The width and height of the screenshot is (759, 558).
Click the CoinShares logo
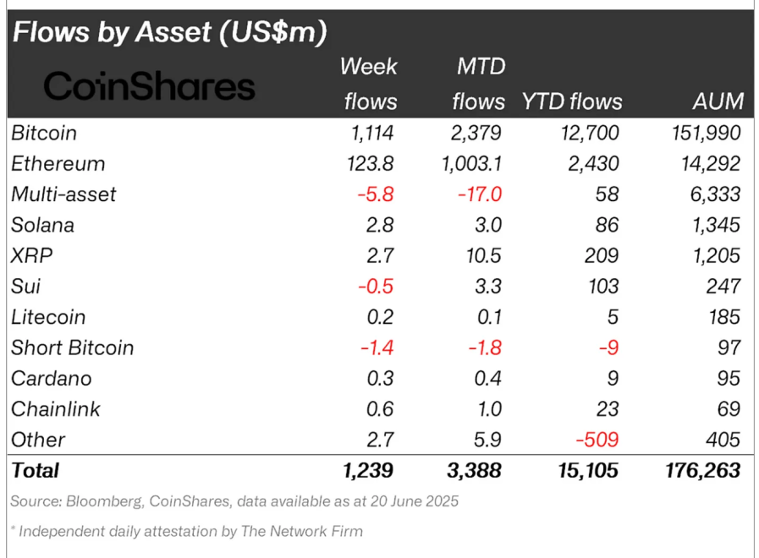coord(149,86)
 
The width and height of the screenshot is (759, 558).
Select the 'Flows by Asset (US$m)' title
coord(169,32)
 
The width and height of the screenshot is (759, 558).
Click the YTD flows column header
coord(571,101)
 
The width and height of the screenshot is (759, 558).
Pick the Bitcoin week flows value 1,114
coord(369,133)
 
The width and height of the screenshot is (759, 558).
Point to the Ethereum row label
coord(58,163)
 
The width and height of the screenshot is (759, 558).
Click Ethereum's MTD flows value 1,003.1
coord(470,163)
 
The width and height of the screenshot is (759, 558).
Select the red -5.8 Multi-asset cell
coord(375,194)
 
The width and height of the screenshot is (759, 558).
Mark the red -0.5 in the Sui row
coord(375,287)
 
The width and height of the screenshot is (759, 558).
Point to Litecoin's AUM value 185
coord(723,317)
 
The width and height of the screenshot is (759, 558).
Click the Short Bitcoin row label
coord(72,347)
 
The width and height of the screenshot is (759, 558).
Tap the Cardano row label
coord(51,378)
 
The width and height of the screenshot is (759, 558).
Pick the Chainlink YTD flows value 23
coord(607,409)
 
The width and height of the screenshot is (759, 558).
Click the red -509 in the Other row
coord(597,440)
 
